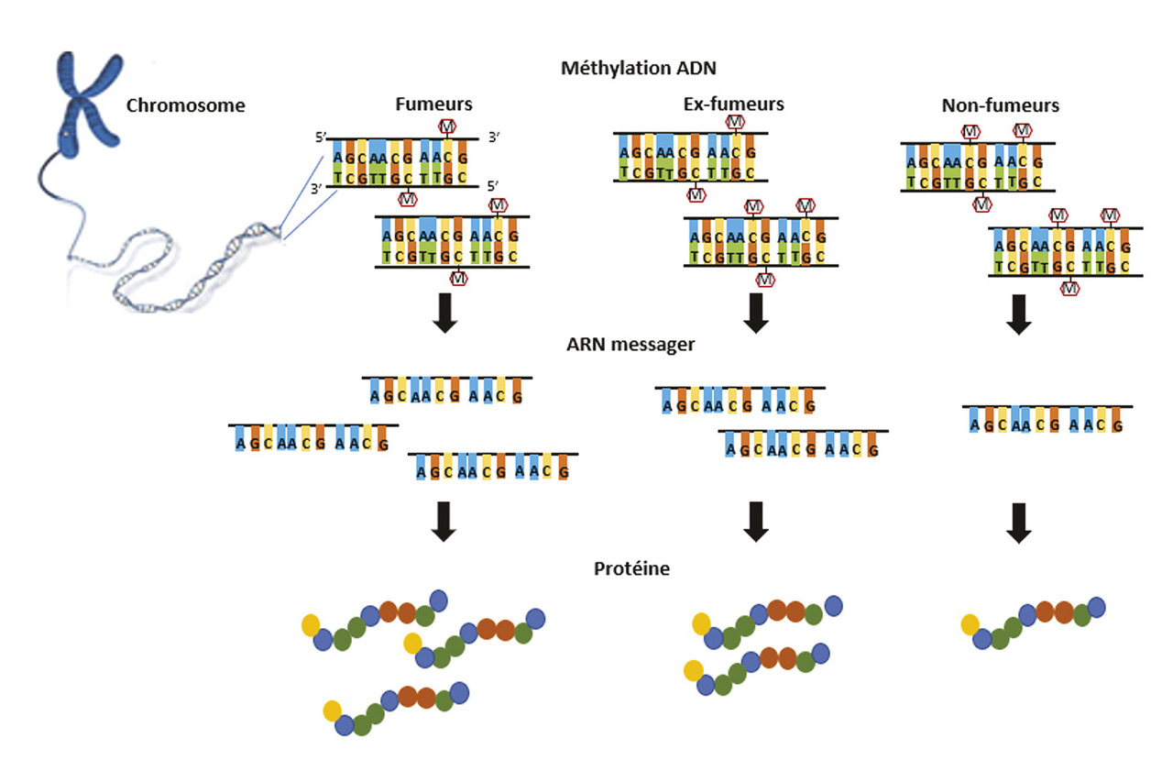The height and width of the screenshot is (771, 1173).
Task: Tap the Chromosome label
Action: pos(186,105)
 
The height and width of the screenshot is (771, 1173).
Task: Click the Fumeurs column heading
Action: pos(433,105)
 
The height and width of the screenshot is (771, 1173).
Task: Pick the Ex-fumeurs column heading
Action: pos(735,104)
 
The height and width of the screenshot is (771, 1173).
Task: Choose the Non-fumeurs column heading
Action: pos(1000,105)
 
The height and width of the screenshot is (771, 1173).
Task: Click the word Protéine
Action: pos(632,568)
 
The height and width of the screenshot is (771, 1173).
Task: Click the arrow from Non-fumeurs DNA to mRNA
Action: pos(1017,314)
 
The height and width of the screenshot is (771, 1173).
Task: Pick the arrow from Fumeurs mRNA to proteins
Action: pos(444,521)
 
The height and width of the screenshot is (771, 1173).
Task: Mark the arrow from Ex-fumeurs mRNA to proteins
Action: pos(755,521)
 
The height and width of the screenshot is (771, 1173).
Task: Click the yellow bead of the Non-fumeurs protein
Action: pos(970,625)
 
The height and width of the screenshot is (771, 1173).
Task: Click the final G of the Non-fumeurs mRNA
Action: pos(1115,424)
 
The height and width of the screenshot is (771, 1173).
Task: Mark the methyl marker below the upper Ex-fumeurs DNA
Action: pos(696,194)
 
